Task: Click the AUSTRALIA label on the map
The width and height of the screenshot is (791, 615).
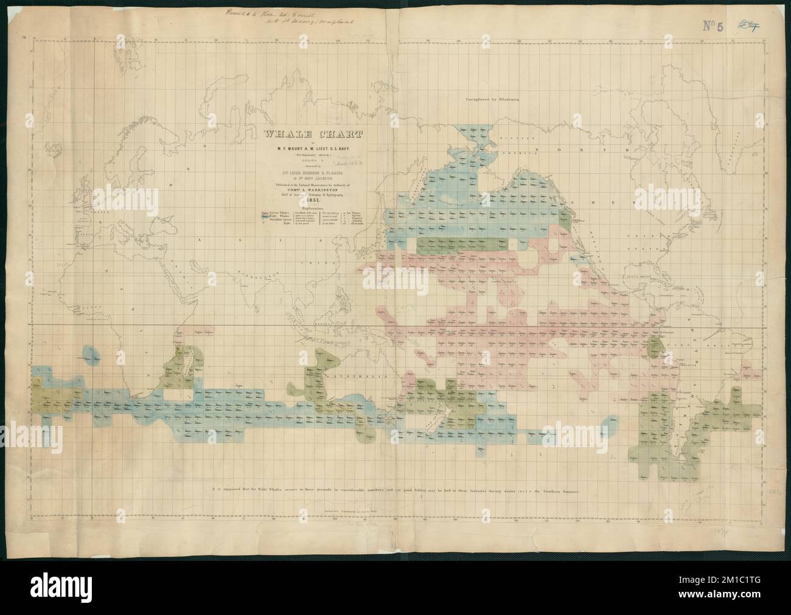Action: tap(359, 377)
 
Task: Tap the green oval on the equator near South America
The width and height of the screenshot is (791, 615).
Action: tap(655, 347)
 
